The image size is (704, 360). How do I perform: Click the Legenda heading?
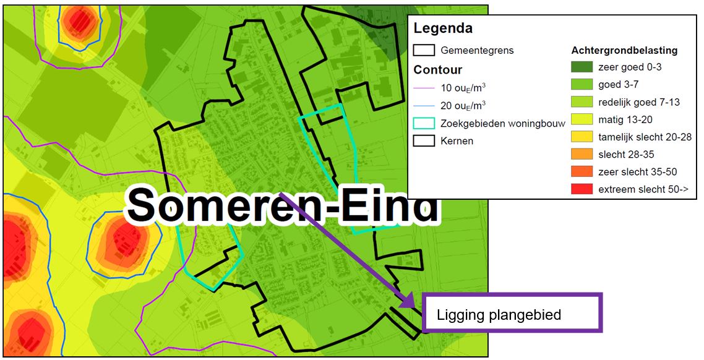point(443,28)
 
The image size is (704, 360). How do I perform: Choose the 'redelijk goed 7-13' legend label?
point(639,102)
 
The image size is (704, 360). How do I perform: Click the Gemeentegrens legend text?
point(477,50)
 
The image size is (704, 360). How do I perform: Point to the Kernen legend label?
point(457,141)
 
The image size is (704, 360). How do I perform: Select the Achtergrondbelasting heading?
point(624,50)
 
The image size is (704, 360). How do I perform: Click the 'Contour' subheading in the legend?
point(438,70)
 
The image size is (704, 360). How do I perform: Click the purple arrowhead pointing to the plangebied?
point(408,301)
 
